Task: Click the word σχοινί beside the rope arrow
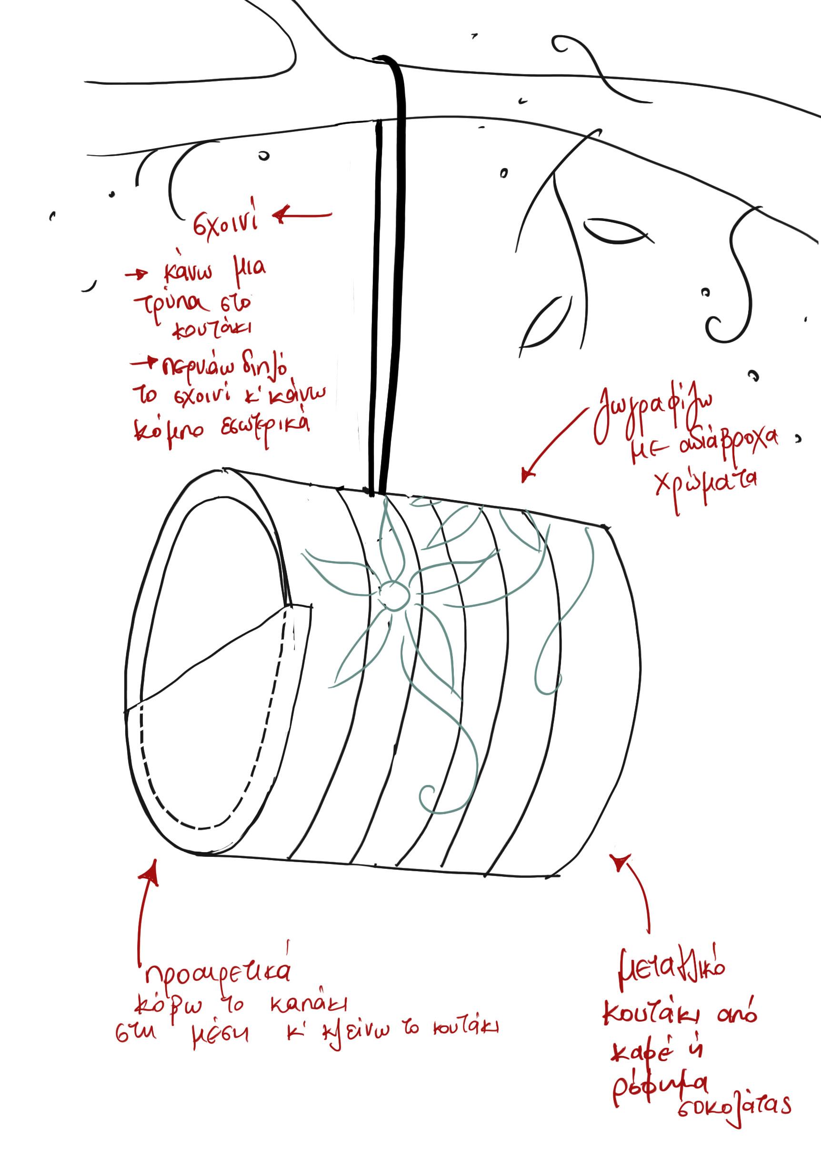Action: tap(225, 223)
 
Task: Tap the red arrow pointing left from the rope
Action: tap(302, 215)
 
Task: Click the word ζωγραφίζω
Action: tap(654, 412)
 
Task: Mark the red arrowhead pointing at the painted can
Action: tap(528, 475)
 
